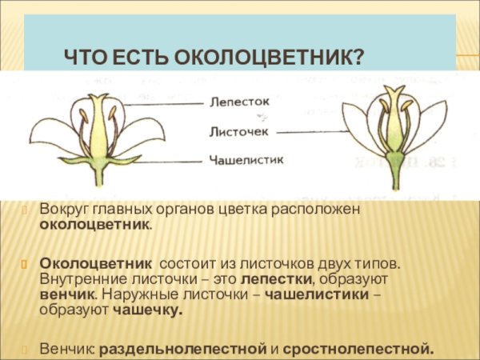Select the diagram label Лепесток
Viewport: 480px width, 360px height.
[x=239, y=103]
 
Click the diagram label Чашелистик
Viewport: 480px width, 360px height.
[x=246, y=160]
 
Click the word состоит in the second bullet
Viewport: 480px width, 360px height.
[x=190, y=262]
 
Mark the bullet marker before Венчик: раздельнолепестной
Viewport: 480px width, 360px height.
[x=24, y=350]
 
